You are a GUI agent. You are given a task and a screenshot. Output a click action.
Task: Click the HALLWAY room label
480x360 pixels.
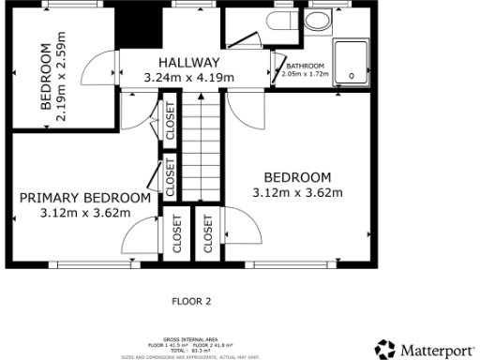pos(183,62)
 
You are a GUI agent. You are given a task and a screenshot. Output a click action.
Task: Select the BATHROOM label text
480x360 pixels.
pos(305,65)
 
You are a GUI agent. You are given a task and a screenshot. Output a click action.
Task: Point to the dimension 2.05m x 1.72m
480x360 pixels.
pos(305,73)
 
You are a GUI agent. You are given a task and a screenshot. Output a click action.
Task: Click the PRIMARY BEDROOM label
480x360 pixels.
pos(85,198)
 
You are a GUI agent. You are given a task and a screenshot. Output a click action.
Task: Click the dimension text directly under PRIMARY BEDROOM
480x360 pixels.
pos(85,213)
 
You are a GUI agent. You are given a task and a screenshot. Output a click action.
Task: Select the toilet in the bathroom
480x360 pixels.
pos(280,22)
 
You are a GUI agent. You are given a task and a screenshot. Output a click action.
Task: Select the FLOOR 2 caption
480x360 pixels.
pos(191,302)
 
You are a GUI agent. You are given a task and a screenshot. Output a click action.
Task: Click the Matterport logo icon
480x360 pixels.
pos(384,350)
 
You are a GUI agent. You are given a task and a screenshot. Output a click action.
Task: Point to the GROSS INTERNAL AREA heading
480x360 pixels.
pos(191,340)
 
